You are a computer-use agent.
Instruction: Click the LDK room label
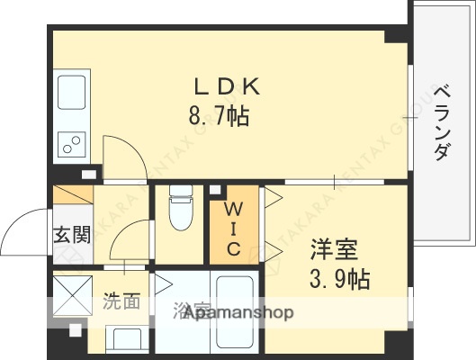228,87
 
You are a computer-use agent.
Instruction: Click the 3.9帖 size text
340,278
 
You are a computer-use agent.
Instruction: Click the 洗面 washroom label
120,301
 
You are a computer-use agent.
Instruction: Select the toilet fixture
182,211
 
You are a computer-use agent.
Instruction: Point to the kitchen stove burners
70,141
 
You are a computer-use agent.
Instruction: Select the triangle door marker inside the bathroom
163,285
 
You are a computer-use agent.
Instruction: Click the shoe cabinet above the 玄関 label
72,197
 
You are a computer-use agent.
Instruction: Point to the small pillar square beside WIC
215,190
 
